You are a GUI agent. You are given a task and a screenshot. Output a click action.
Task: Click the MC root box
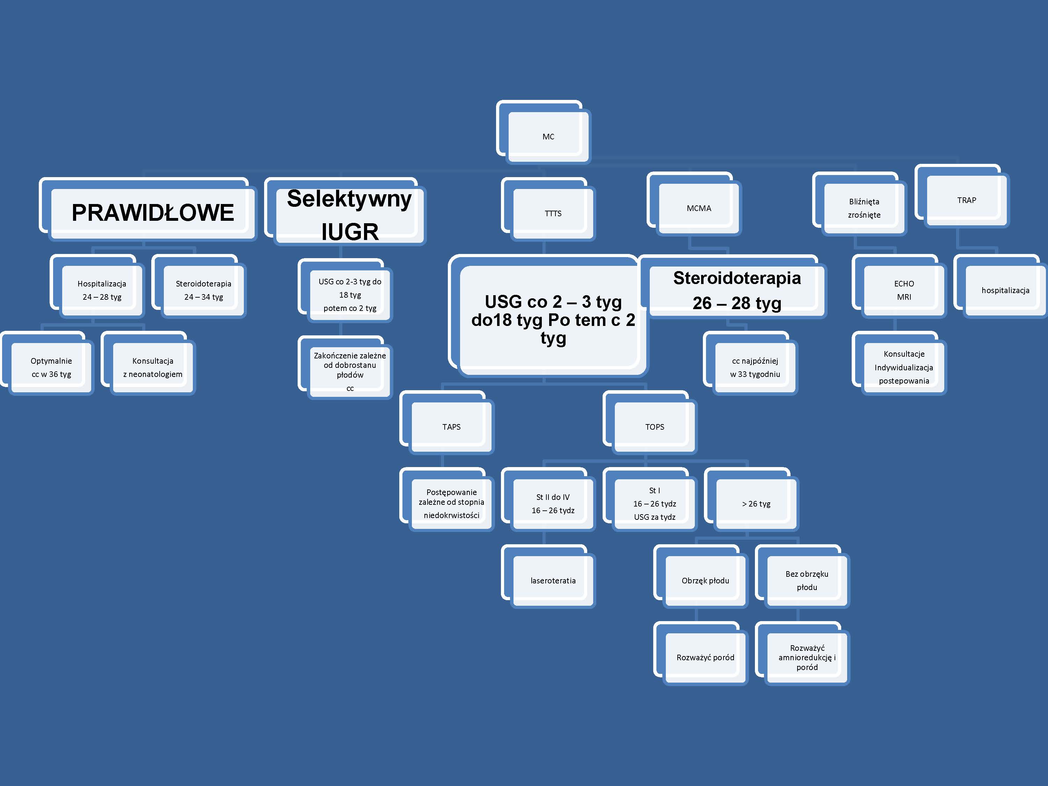[x=548, y=137]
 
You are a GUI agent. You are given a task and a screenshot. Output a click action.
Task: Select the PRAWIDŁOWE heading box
[x=153, y=212]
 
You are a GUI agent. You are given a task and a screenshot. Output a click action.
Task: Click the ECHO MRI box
[x=904, y=290]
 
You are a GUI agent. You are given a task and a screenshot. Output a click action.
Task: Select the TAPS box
[x=451, y=427]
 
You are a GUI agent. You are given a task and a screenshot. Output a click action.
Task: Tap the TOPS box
[x=654, y=427]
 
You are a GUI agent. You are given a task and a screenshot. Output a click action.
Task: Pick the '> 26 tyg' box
[x=756, y=504]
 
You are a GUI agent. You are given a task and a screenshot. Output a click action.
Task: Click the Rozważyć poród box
[x=705, y=657]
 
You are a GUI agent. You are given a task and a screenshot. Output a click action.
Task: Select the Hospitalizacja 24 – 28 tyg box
[x=102, y=290]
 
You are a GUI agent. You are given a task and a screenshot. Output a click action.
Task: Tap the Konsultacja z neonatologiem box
[x=153, y=367]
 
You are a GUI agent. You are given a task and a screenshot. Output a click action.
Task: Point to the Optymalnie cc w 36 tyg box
[x=51, y=367]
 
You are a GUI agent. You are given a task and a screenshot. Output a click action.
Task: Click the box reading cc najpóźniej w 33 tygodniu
[x=755, y=367]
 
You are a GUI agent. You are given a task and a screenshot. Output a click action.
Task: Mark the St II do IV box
[x=553, y=504]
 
